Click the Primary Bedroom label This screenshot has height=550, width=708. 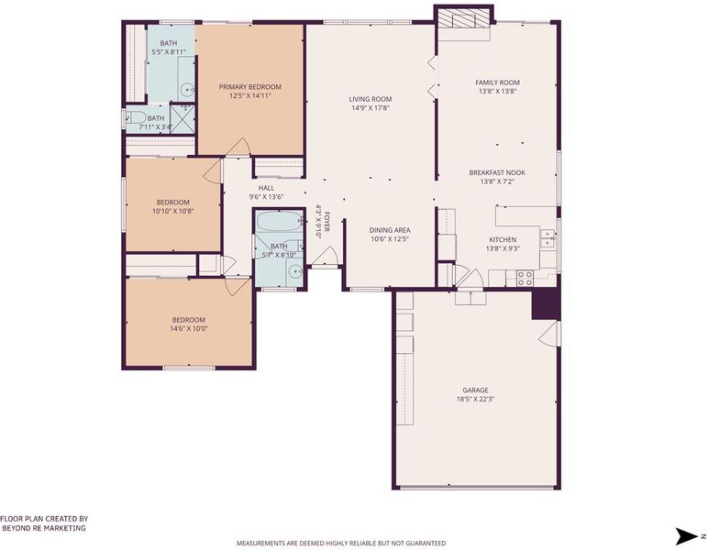pyautogui.click(x=249, y=87)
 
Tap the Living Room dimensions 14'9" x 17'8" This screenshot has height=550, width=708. pyautogui.click(x=371, y=108)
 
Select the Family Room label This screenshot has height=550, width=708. pyautogui.click(x=497, y=82)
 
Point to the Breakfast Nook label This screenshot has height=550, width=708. pyautogui.click(x=497, y=172)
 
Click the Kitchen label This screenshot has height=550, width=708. pyautogui.click(x=503, y=239)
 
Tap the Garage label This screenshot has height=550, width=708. pyautogui.click(x=475, y=390)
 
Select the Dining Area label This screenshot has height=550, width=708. pyautogui.click(x=390, y=230)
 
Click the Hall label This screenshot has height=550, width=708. pyautogui.click(x=266, y=188)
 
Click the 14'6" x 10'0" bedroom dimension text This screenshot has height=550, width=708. pyautogui.click(x=189, y=328)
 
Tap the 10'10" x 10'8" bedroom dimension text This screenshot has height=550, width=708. pyautogui.click(x=173, y=211)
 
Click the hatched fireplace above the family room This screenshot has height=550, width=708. pyautogui.click(x=464, y=19)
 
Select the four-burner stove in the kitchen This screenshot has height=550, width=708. pyautogui.click(x=525, y=278)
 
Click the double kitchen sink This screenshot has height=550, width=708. pyautogui.click(x=548, y=238)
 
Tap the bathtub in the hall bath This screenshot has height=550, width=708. pyautogui.click(x=280, y=222)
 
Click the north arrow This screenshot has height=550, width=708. pyautogui.click(x=686, y=536)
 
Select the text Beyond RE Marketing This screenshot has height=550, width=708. pyautogui.click(x=44, y=528)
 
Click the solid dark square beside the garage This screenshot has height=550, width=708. pyautogui.click(x=546, y=304)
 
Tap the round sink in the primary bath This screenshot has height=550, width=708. pyautogui.click(x=186, y=90)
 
